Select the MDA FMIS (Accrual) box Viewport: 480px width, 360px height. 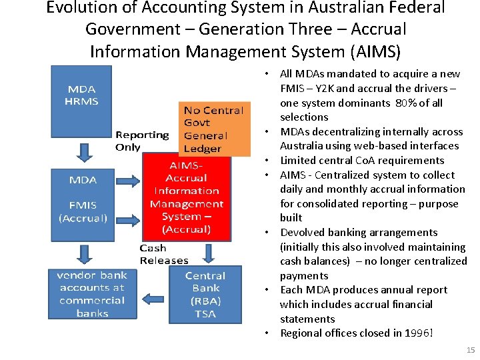click(83, 198)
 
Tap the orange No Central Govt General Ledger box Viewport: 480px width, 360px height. click(213, 129)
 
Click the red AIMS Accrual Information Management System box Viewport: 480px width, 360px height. click(187, 197)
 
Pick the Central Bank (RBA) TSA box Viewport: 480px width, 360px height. click(205, 294)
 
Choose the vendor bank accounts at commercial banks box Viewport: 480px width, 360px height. click(92, 294)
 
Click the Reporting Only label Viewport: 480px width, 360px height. click(142, 141)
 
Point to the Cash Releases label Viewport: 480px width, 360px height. click(164, 254)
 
